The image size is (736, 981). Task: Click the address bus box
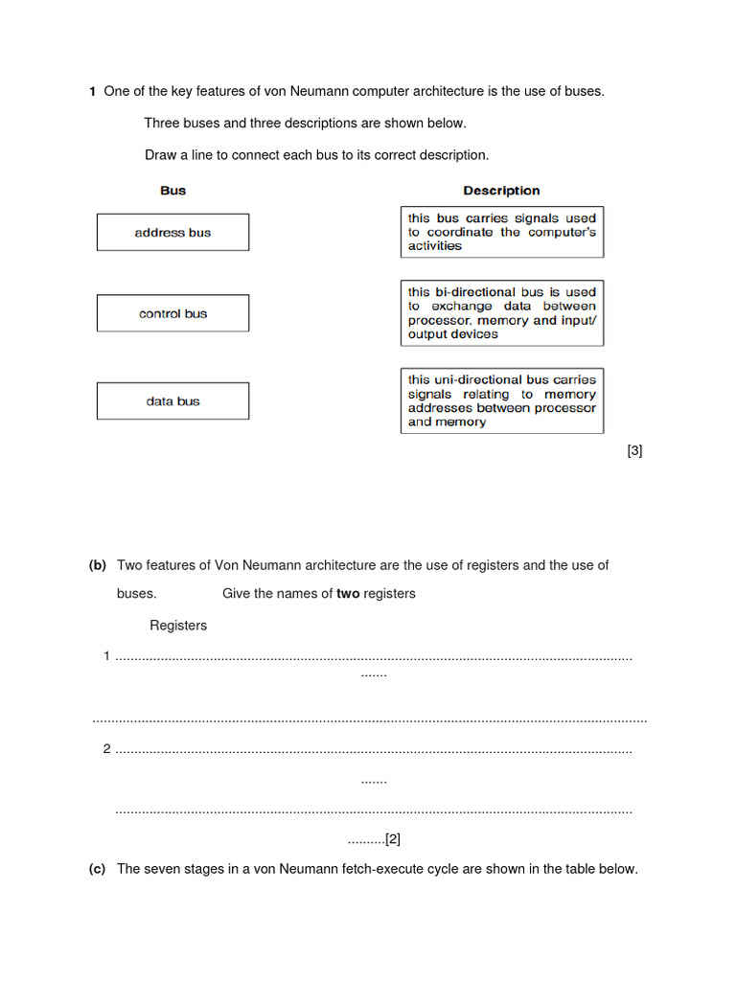tap(172, 233)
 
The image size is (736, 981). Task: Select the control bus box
tap(172, 313)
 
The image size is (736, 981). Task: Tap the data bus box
tap(172, 401)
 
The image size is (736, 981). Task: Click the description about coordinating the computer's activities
tap(502, 232)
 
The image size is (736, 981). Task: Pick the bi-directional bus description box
tap(502, 313)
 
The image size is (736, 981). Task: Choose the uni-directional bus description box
tap(502, 400)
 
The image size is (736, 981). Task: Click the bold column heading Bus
tap(172, 191)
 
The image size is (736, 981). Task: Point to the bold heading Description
tap(501, 191)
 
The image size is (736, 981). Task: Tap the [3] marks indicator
tap(634, 450)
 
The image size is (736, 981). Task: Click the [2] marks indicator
tap(392, 839)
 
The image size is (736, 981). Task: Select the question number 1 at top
tap(92, 92)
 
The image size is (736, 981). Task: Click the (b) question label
tap(98, 565)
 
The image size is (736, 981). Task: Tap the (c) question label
tap(97, 869)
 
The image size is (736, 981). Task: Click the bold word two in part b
tap(348, 593)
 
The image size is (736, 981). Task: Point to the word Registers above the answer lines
tap(178, 626)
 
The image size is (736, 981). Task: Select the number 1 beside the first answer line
tap(106, 656)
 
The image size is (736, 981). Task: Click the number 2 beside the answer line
tap(106, 749)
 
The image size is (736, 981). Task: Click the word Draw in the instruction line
tap(161, 154)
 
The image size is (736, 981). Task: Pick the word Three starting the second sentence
tap(162, 123)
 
